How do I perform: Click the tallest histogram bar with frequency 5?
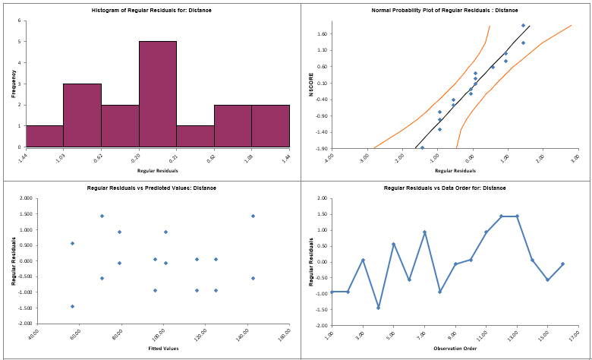pyautogui.click(x=157, y=94)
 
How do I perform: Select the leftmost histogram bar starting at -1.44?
pyautogui.click(x=44, y=137)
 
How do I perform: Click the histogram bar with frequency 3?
pyautogui.click(x=82, y=115)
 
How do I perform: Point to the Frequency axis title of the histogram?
pyautogui.click(x=13, y=84)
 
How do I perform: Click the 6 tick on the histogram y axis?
pyautogui.click(x=18, y=21)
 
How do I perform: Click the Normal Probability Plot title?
pyautogui.click(x=445, y=10)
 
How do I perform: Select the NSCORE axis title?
pyautogui.click(x=310, y=84)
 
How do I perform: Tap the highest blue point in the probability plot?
pyautogui.click(x=523, y=25)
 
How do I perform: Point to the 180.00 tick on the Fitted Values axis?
pyautogui.click(x=285, y=333)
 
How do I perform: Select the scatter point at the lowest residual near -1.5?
pyautogui.click(x=72, y=306)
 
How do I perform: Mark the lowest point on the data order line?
pyautogui.click(x=378, y=308)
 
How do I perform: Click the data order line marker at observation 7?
pyautogui.click(x=424, y=232)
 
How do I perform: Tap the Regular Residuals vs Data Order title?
pyautogui.click(x=445, y=188)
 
